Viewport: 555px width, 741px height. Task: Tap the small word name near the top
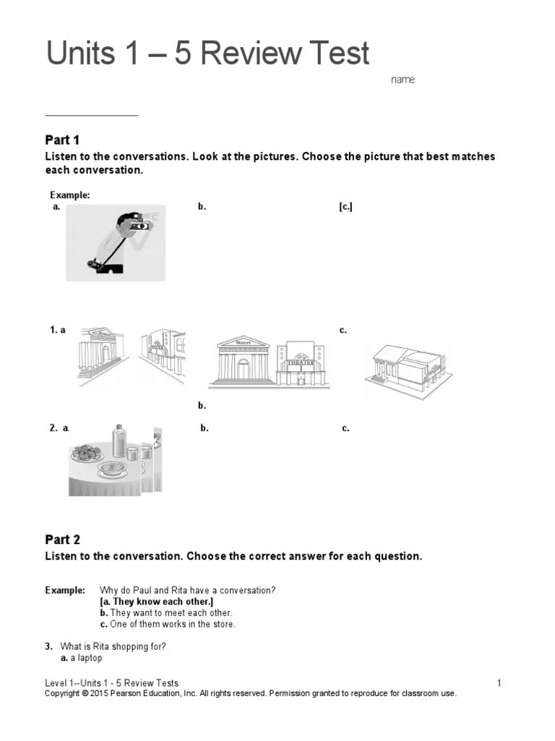403,80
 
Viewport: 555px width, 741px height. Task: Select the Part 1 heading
62,140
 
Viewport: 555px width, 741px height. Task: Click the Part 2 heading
62,539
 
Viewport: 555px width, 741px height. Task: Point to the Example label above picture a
69,195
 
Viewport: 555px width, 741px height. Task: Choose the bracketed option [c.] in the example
345,207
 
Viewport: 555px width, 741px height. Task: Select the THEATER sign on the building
301,363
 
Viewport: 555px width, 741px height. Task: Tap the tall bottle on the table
120,443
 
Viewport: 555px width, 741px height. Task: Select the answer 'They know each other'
157,601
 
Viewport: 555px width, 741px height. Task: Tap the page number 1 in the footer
499,683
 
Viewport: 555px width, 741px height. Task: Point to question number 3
48,646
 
